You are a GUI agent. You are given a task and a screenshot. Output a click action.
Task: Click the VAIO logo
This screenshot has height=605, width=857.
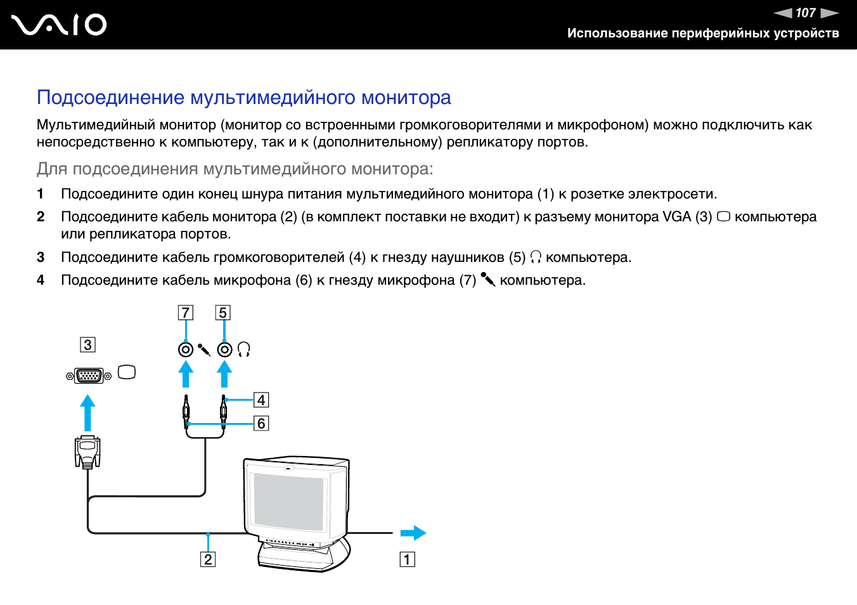tap(59, 25)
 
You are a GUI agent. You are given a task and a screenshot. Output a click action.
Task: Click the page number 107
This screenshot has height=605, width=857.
tap(805, 13)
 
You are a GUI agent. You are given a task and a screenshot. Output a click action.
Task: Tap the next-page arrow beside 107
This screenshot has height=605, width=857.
tap(829, 13)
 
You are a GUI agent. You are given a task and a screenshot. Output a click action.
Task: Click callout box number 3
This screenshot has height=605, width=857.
tap(87, 345)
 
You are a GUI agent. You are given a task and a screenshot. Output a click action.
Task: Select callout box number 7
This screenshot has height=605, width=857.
tap(185, 313)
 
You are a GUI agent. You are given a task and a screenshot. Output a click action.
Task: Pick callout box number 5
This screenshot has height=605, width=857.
tap(222, 313)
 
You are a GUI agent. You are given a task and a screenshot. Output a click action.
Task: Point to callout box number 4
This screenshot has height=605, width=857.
tap(261, 400)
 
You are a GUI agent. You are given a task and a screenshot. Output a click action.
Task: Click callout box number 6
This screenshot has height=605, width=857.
tap(261, 423)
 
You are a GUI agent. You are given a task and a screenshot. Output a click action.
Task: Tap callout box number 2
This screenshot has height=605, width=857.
tap(208, 559)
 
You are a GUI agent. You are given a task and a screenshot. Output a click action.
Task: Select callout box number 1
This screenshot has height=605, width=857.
tap(407, 559)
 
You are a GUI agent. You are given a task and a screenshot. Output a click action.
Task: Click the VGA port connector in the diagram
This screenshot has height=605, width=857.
tap(89, 375)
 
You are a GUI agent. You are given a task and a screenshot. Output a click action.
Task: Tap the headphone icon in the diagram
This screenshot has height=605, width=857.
tap(244, 349)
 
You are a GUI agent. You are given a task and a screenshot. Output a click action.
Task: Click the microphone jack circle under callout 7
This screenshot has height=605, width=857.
tap(185, 349)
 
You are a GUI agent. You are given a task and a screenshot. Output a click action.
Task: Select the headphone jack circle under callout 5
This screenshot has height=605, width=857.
tap(224, 349)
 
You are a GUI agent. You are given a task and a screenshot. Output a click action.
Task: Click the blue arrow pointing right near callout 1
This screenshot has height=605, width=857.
tap(413, 533)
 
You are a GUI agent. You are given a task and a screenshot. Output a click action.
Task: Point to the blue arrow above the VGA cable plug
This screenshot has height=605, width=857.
tap(88, 412)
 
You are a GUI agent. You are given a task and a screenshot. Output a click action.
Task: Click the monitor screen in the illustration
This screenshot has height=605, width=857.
tap(289, 501)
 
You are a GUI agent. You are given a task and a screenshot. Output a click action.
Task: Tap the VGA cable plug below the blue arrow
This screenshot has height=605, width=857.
tap(87, 452)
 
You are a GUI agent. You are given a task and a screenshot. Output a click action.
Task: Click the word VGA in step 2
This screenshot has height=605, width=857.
tap(676, 217)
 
